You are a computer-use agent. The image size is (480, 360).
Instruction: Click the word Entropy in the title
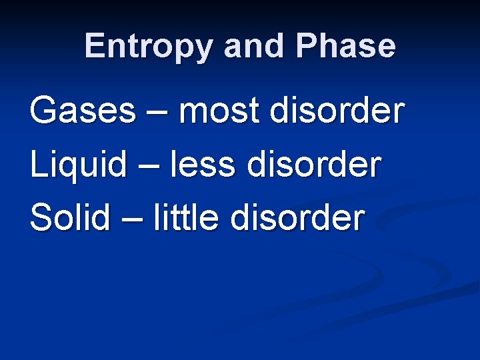pos(150,47)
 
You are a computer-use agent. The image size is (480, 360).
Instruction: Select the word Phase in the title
pos(345,47)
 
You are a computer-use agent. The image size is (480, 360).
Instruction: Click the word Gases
pos(82,111)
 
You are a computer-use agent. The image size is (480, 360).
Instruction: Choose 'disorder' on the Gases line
pos(337,111)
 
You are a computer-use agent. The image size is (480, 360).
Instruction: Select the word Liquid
pos(78,164)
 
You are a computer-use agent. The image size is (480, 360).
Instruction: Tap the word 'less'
pos(203,164)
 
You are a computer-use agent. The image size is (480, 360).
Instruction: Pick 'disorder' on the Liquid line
pos(314,164)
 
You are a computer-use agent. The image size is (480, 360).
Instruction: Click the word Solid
pos(70,217)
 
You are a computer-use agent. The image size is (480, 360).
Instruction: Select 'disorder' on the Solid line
pos(297,217)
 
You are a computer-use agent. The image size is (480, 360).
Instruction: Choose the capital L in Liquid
pos(38,164)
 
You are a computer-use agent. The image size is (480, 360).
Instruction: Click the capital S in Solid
pos(41,217)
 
